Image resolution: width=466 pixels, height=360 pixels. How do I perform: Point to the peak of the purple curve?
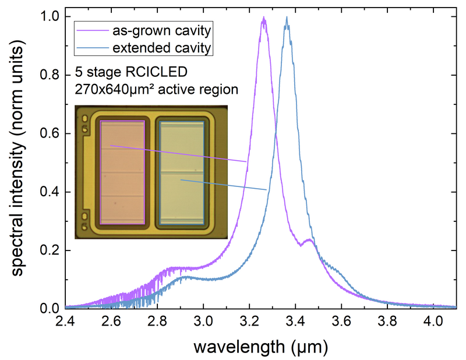(x=264, y=18)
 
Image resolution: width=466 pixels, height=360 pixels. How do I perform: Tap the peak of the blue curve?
(x=287, y=17)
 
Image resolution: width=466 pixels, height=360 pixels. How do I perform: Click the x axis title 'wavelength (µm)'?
(x=260, y=347)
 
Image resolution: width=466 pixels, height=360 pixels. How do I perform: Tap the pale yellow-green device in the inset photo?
(x=181, y=172)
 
